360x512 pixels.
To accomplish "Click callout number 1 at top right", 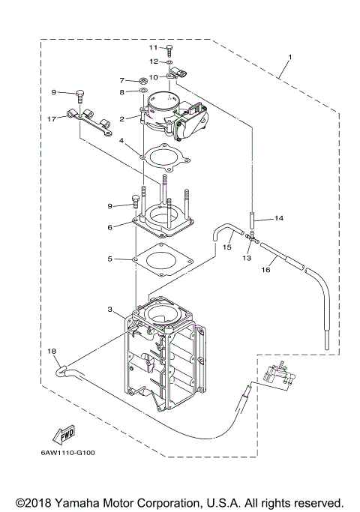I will [x=290, y=58].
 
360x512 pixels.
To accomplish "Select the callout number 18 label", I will [x=52, y=351].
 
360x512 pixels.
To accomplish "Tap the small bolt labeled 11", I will [x=169, y=49].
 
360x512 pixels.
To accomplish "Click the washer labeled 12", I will [x=169, y=61].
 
